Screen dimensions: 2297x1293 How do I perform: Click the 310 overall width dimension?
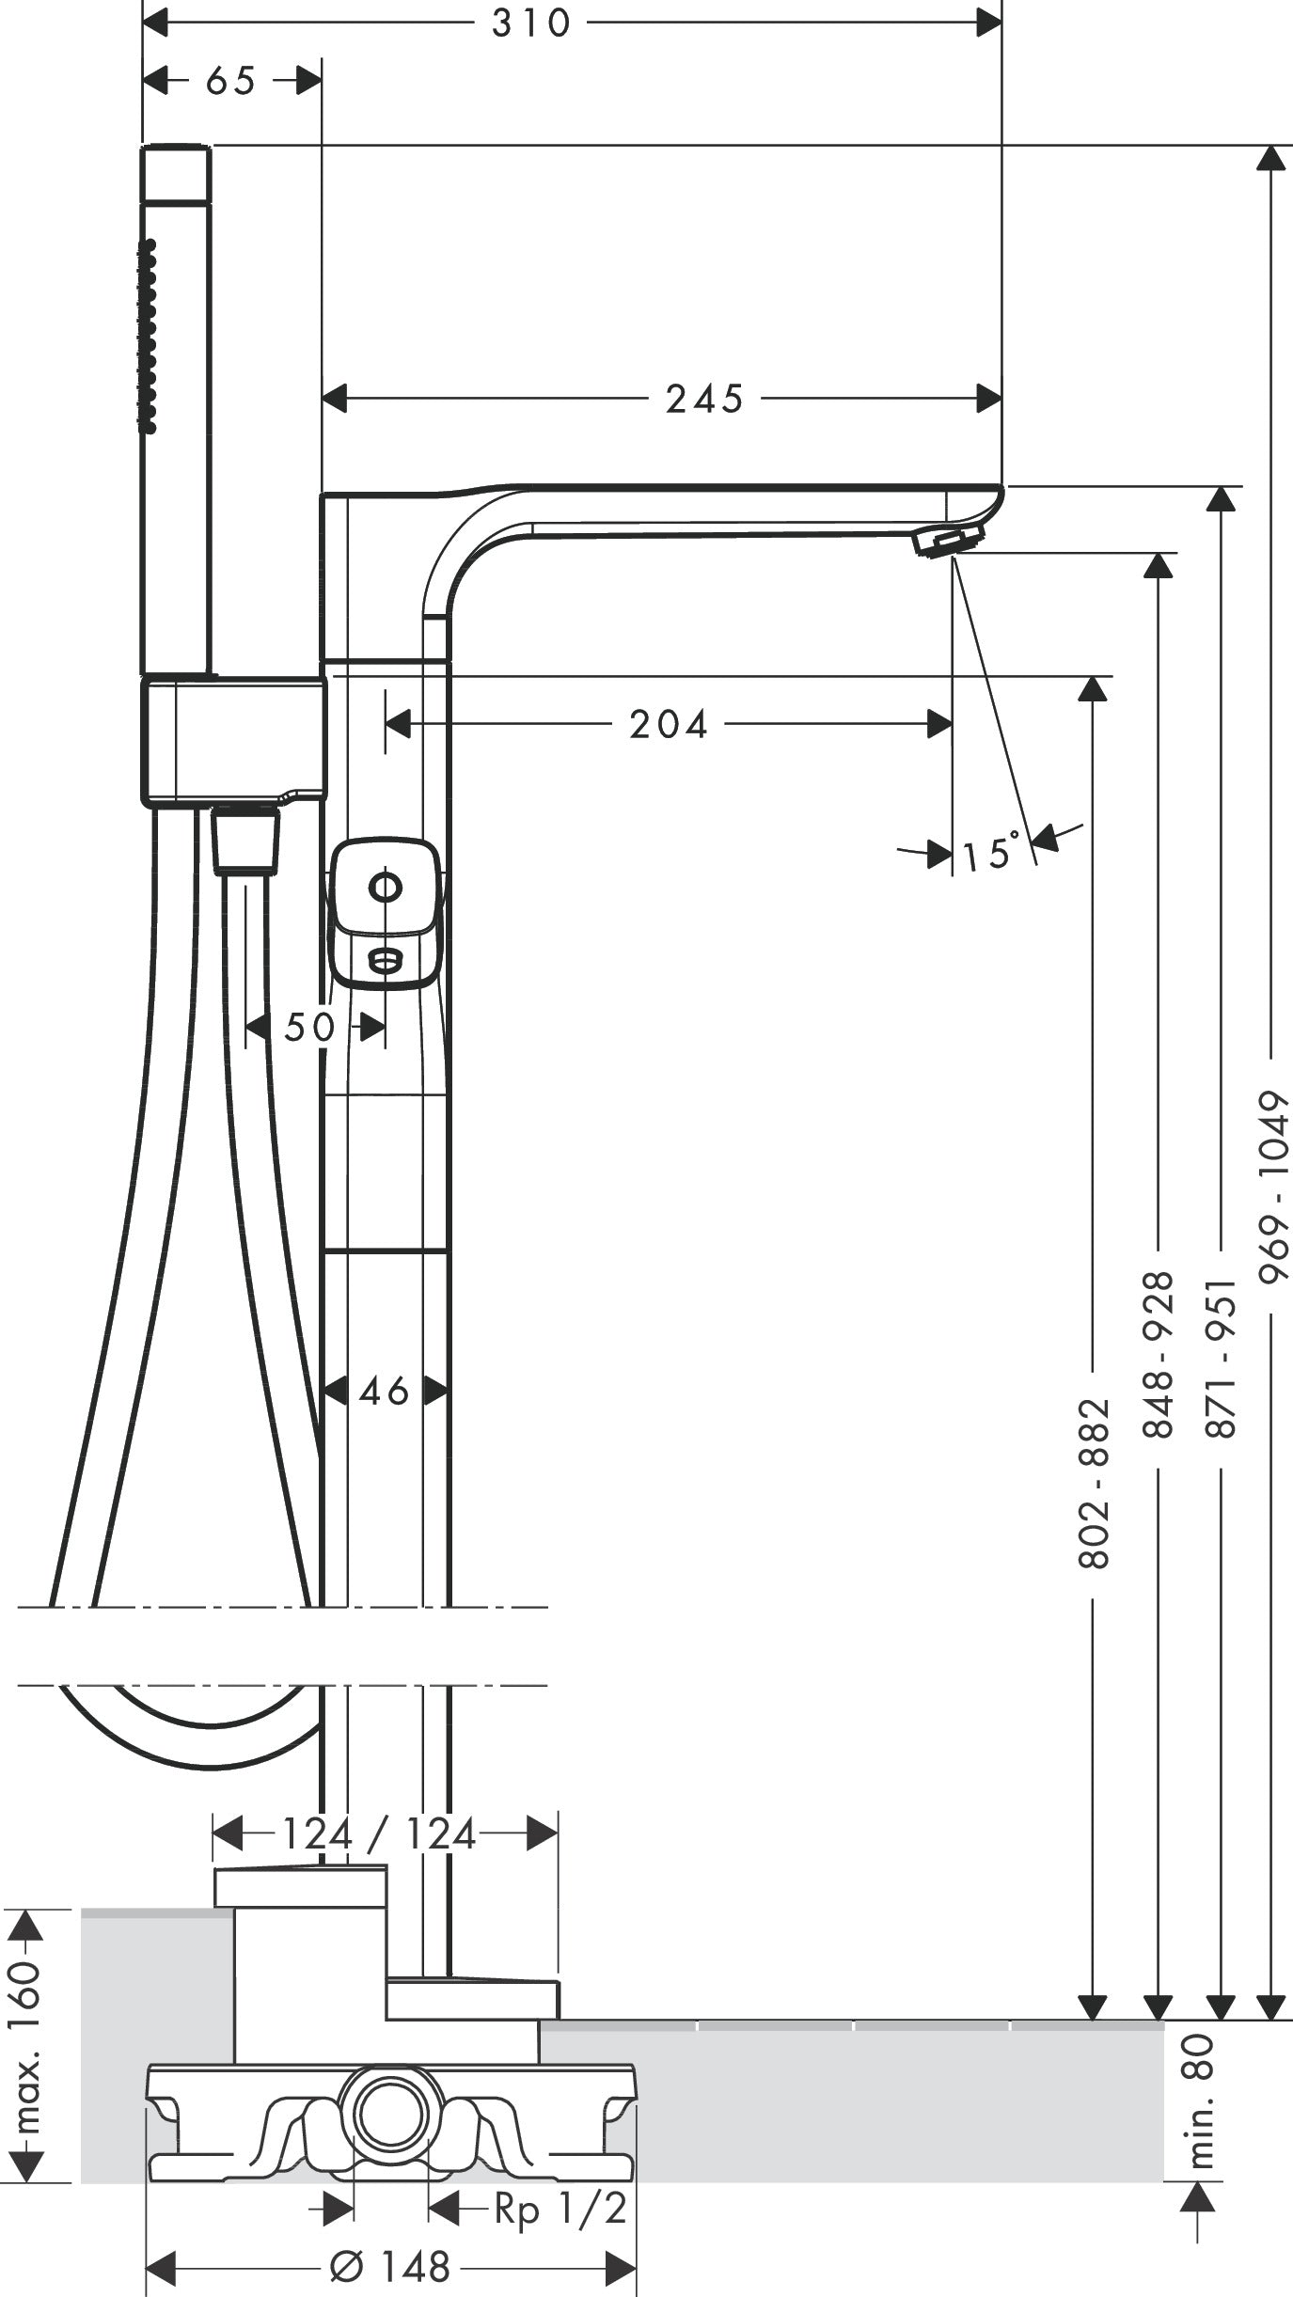coord(530,24)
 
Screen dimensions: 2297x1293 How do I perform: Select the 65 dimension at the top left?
coord(230,82)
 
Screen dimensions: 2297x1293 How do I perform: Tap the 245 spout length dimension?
coord(704,400)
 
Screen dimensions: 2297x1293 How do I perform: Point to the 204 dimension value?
coord(668,725)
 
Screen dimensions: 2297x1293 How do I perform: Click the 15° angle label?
coord(990,854)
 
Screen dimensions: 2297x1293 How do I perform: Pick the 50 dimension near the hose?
coord(309,1028)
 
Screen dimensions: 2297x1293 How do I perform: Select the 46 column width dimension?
coord(384,1392)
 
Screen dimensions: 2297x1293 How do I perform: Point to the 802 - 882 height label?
coord(1094,1484)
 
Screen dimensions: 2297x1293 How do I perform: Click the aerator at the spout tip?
coord(947,543)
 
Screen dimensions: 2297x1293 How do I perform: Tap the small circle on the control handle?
coord(385,887)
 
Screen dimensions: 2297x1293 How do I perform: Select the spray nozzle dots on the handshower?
coord(148,336)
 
